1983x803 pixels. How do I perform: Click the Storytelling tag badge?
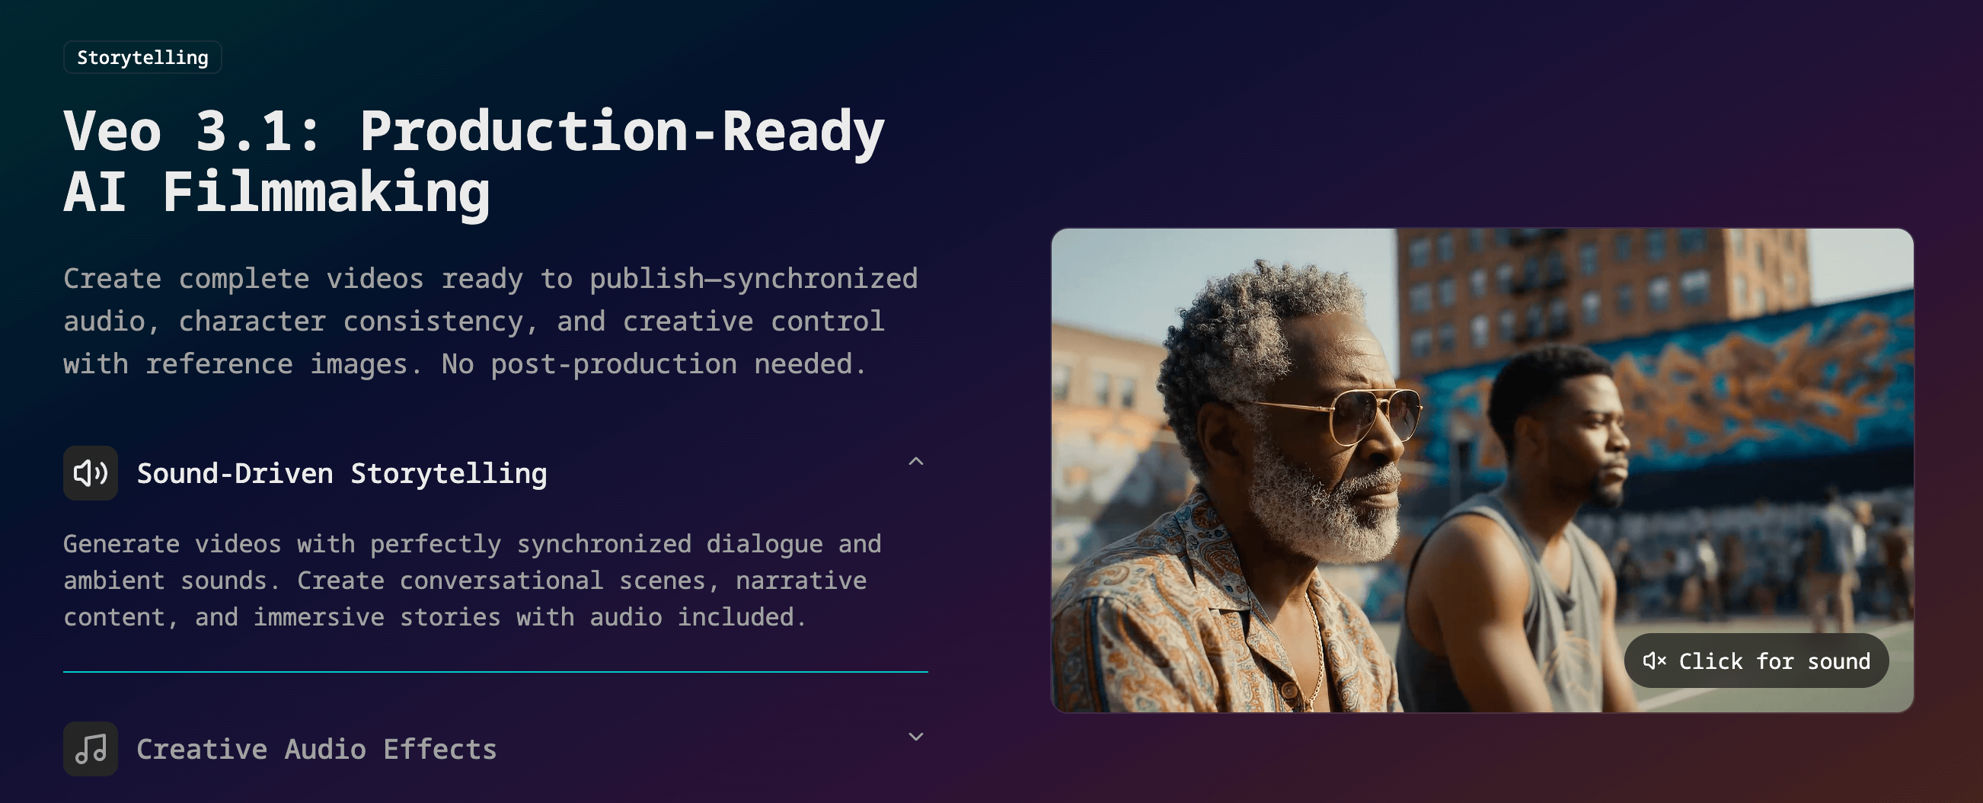[x=142, y=57]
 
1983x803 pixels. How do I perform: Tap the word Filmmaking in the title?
[x=326, y=193]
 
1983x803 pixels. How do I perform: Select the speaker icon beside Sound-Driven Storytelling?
[x=91, y=472]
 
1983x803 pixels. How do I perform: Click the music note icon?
[x=91, y=748]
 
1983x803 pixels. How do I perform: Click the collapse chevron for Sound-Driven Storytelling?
[x=916, y=461]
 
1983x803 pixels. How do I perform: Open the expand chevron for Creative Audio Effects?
[x=916, y=737]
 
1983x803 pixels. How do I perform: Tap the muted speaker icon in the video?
[x=1654, y=661]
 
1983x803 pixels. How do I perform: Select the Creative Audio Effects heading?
[x=316, y=748]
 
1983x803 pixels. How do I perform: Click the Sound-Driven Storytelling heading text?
[x=342, y=472]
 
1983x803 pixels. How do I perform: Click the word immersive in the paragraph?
[x=318, y=616]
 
